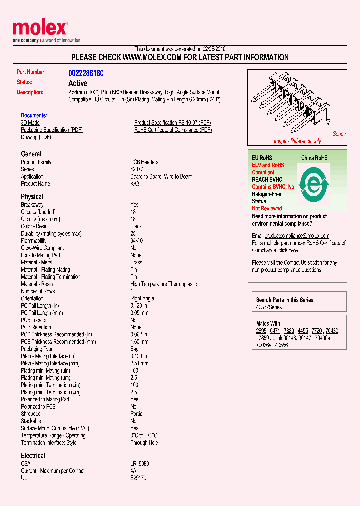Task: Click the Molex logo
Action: click(40, 29)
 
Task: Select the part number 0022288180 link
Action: click(86, 73)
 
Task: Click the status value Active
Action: click(78, 83)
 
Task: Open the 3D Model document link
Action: click(31, 123)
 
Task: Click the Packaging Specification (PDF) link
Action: click(52, 130)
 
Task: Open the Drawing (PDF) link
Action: click(36, 137)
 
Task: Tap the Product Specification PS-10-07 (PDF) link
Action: click(172, 123)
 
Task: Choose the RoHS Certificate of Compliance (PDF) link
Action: click(173, 130)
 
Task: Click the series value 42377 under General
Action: click(137, 169)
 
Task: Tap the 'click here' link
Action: click(288, 250)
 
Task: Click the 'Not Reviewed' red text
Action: click(267, 208)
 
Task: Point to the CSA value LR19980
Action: click(139, 464)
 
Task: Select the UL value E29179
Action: click(138, 478)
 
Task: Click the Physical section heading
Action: click(32, 197)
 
